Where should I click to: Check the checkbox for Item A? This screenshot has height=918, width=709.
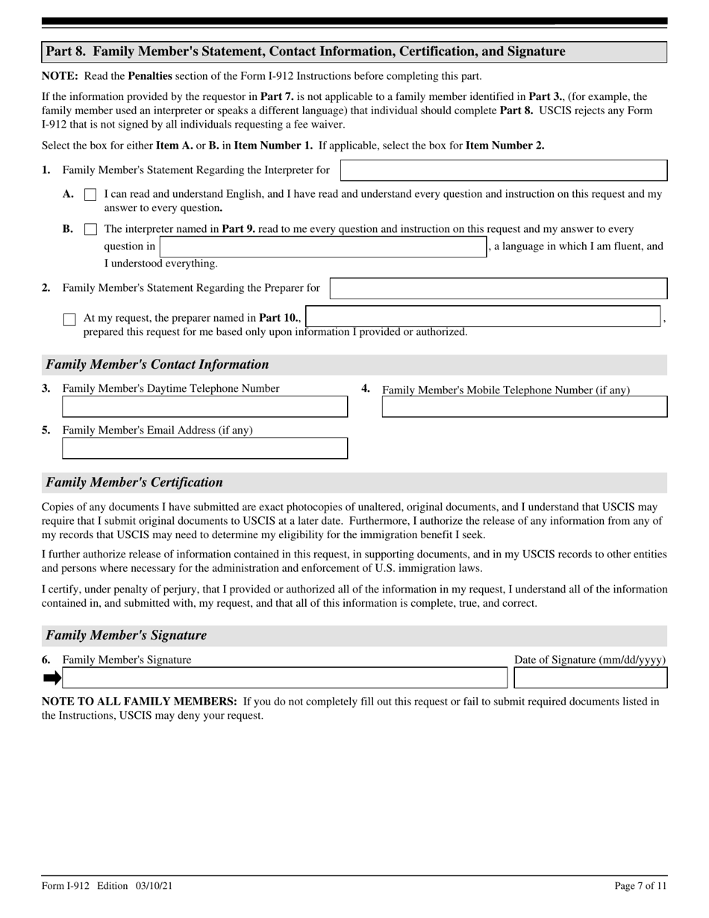90,194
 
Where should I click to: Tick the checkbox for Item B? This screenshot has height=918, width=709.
90,229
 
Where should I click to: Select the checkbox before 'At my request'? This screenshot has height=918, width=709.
69,319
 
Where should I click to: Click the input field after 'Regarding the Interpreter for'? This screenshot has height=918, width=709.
503,170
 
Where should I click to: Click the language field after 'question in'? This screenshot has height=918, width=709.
322,247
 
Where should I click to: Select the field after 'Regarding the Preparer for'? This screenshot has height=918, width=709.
498,289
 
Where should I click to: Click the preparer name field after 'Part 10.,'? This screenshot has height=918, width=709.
483,317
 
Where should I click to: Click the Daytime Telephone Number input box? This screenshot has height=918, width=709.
204,407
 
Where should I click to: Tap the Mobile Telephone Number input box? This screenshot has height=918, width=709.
524,407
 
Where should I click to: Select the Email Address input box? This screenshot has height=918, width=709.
204,449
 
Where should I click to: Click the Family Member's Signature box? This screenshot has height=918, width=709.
284,678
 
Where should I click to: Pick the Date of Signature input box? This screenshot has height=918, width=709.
590,678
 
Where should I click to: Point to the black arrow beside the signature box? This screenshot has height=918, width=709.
51,678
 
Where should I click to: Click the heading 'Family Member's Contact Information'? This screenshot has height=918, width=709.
157,364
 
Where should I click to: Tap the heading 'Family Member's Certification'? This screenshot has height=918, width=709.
134,482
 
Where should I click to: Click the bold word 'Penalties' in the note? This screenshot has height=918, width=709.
150,76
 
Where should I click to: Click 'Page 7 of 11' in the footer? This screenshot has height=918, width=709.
640,886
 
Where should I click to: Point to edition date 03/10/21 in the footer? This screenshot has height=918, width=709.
155,886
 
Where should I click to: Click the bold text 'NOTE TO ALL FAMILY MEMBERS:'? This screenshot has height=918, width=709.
140,702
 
